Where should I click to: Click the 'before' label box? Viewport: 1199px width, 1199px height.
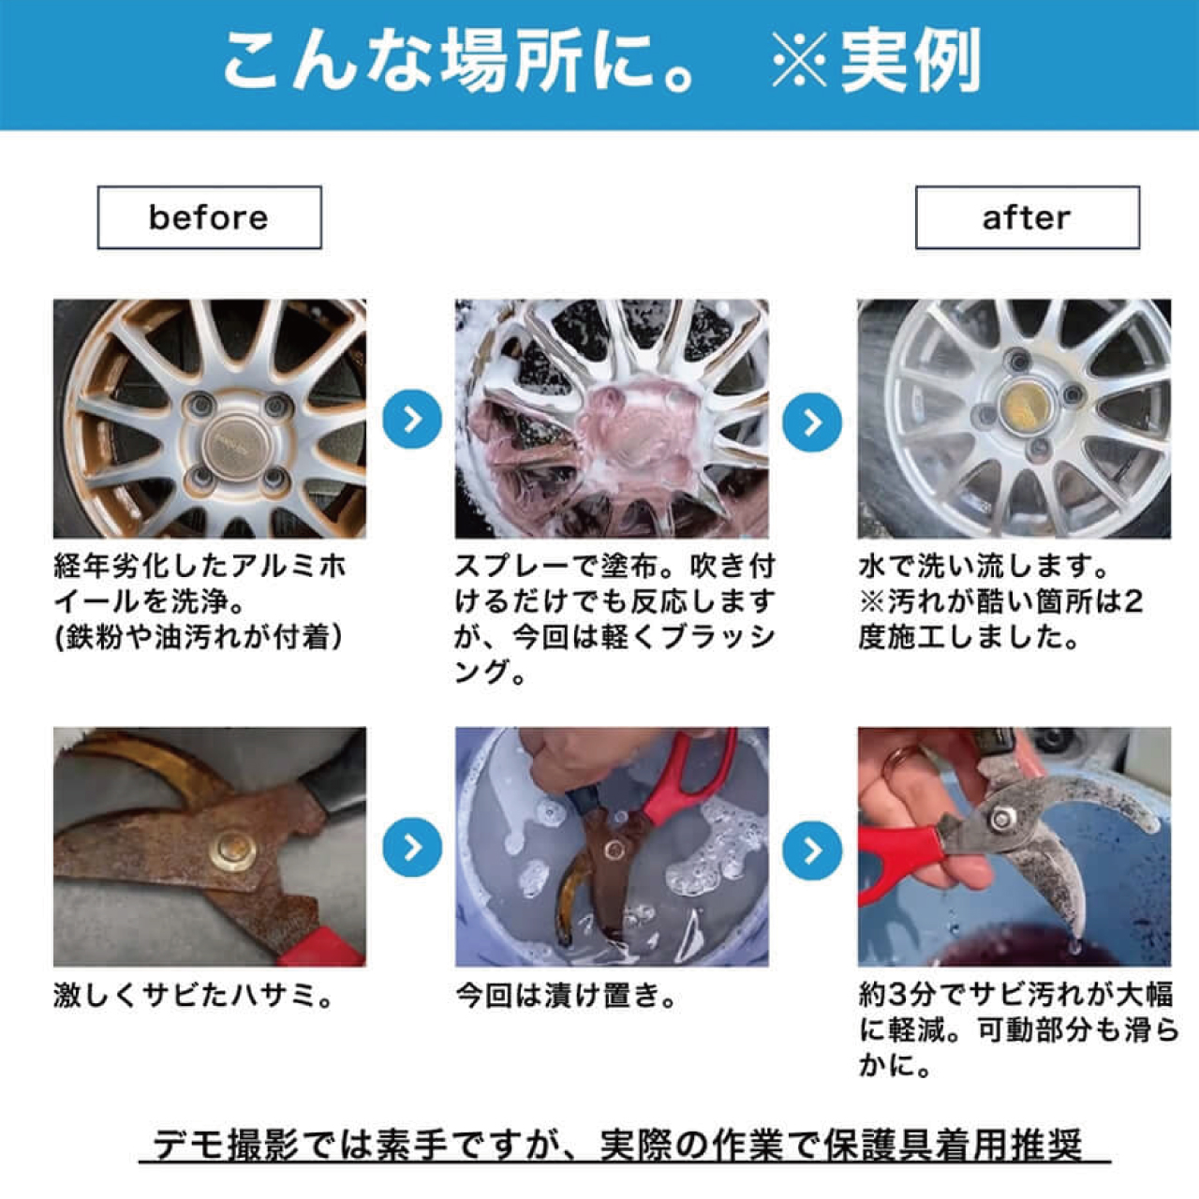tap(209, 217)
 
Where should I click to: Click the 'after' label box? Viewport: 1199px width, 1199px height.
tap(1027, 217)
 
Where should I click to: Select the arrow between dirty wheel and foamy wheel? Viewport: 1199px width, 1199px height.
tap(412, 420)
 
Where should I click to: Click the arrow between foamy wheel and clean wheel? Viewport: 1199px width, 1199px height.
tap(812, 422)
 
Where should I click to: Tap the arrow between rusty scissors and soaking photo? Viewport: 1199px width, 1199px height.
tap(412, 847)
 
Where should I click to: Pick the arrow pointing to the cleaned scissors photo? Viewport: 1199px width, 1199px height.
tap(812, 850)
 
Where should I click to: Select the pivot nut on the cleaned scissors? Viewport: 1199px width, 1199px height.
tap(1000, 818)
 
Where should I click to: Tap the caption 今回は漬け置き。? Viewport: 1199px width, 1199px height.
tap(566, 995)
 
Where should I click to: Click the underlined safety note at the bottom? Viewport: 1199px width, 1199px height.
tap(618, 1145)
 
